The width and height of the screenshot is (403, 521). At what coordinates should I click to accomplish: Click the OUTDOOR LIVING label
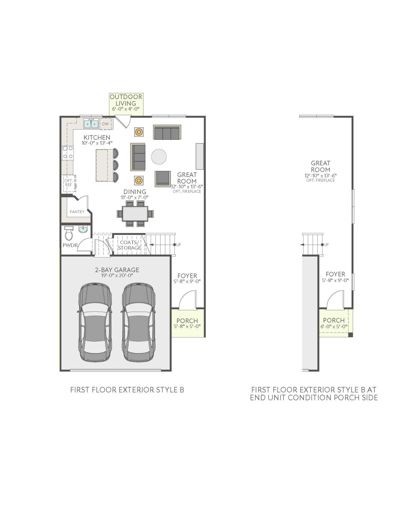pos(126,100)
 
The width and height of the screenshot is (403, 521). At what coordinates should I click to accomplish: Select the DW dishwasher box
pos(106,124)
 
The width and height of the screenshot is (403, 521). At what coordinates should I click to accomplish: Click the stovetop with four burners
pos(68,153)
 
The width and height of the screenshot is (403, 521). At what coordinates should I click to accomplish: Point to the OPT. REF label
pos(68,183)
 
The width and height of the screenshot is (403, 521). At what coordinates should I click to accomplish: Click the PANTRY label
pos(77,212)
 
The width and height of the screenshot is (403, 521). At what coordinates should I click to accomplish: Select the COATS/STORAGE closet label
pos(129,245)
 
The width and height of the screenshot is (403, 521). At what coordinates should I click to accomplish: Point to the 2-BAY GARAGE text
pos(117,270)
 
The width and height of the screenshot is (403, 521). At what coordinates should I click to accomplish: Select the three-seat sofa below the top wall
pos(166,132)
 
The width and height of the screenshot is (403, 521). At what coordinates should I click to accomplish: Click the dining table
pos(135,214)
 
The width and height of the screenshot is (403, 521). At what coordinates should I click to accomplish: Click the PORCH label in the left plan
pos(187,321)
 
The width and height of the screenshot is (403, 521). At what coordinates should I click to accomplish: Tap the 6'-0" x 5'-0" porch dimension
pos(334,327)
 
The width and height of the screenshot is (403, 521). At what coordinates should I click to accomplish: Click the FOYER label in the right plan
pos(335,274)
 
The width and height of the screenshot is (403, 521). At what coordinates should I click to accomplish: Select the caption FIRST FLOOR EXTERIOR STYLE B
pos(127,390)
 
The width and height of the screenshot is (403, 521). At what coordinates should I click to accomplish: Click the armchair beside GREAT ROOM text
pos(163,178)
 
